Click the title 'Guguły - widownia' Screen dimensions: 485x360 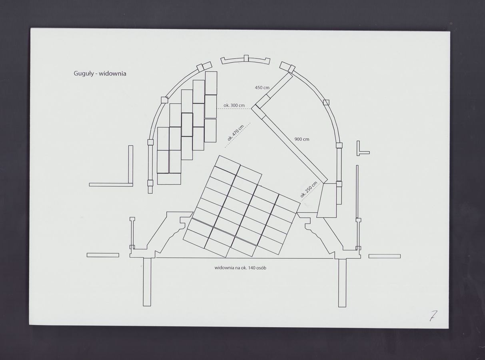pyautogui.click(x=100, y=74)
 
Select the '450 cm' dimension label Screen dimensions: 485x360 pyautogui.click(x=262, y=88)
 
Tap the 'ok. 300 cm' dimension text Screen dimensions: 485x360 pyautogui.click(x=234, y=106)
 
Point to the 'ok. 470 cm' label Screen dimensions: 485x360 pyautogui.click(x=236, y=133)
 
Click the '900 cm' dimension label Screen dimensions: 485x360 pyautogui.click(x=302, y=139)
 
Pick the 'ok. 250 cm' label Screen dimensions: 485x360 pyautogui.click(x=309, y=189)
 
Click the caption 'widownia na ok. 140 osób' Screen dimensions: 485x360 pyautogui.click(x=240, y=268)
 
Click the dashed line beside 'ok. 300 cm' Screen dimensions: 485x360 pyautogui.click(x=234, y=109)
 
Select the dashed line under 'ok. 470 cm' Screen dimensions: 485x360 pyautogui.click(x=238, y=135)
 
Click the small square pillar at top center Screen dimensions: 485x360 pyautogui.click(x=246, y=58)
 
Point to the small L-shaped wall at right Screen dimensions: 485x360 pyautogui.click(x=363, y=148)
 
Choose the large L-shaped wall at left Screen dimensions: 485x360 pyautogui.click(x=111, y=166)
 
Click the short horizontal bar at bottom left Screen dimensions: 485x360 pyautogui.click(x=103, y=255)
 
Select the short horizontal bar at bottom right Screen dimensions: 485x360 pyautogui.click(x=385, y=256)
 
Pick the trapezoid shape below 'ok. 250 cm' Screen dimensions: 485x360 pyautogui.click(x=327, y=200)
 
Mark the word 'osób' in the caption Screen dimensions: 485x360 pyautogui.click(x=261, y=268)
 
